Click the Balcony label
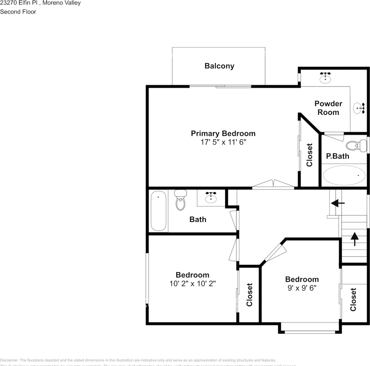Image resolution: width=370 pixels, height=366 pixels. click(219, 66)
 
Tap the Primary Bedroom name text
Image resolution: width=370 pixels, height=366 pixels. click(223, 133)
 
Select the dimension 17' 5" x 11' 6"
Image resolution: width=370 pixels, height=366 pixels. click(223, 142)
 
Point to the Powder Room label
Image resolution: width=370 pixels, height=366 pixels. click(328, 108)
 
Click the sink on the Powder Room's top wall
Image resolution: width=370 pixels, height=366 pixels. click(325, 78)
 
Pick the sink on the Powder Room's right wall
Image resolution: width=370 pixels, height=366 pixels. click(359, 108)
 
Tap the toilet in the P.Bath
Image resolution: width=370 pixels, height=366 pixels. click(354, 145)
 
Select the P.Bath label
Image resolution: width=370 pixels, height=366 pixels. click(337, 156)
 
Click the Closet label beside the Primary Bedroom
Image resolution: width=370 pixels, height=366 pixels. click(309, 155)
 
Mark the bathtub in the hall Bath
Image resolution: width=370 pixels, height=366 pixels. click(159, 211)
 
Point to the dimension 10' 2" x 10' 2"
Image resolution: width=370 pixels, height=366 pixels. click(192, 284)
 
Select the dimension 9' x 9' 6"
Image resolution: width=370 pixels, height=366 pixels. click(302, 288)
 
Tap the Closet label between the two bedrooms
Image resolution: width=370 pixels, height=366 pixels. click(250, 294)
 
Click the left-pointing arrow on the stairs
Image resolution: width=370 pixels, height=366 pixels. click(338, 204)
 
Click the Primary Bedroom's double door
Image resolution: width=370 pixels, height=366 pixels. click(273, 185)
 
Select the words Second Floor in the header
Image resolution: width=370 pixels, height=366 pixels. click(18, 12)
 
